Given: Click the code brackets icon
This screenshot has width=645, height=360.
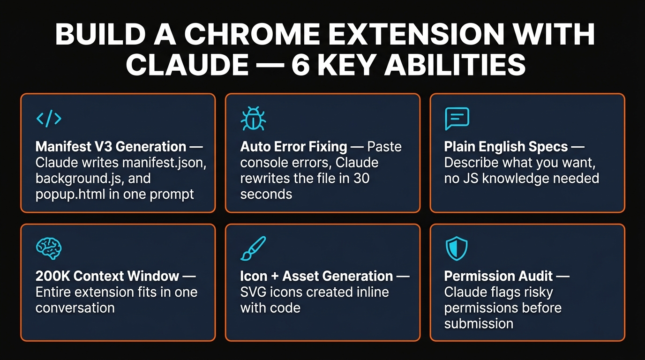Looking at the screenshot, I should (49, 119).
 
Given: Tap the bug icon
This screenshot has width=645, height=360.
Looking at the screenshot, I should (253, 119).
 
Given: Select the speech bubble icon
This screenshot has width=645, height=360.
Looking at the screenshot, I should (457, 119).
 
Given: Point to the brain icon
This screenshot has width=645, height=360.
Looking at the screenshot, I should (48, 248).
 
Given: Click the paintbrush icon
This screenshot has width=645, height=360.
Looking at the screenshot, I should (253, 248).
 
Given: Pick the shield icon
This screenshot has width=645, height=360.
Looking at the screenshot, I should (457, 248).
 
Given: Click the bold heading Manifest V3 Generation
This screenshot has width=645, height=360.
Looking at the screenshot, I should (111, 147).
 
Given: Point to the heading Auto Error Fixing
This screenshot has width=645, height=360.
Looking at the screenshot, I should (293, 147).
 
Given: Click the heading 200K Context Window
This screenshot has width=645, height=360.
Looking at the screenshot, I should (107, 276).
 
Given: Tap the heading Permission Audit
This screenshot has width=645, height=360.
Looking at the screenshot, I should (498, 276).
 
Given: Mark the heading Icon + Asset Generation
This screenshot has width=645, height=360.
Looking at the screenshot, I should (316, 276).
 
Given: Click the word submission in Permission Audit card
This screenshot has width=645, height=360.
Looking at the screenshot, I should (479, 323).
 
